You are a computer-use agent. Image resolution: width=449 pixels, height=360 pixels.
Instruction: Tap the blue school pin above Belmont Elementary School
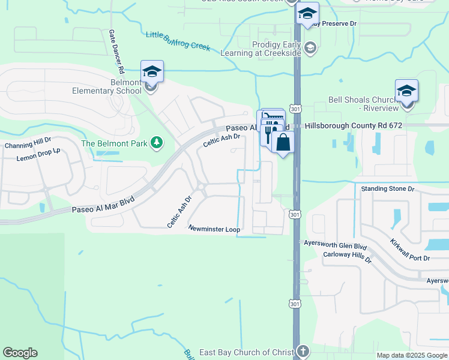click(x=152, y=72)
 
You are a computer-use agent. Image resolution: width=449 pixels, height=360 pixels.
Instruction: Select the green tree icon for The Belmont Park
click(x=157, y=142)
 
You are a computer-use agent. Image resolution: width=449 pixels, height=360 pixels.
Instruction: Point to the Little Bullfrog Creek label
click(x=178, y=40)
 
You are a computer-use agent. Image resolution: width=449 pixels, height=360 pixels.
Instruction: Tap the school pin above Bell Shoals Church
click(x=406, y=91)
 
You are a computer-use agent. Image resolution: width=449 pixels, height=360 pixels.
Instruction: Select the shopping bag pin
click(x=283, y=143)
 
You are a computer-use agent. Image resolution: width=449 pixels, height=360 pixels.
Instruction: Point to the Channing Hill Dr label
click(x=28, y=144)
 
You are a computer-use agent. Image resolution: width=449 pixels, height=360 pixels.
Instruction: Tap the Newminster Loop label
click(x=214, y=229)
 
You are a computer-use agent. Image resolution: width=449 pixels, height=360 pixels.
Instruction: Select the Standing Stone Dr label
click(x=388, y=188)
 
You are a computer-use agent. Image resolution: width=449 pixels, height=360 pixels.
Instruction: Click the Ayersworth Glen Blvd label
click(x=336, y=246)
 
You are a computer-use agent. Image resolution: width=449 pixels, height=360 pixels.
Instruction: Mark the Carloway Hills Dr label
click(x=348, y=255)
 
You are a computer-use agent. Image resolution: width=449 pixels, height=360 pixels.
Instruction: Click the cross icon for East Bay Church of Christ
click(x=303, y=351)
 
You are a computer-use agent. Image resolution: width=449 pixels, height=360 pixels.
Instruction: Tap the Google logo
click(x=19, y=353)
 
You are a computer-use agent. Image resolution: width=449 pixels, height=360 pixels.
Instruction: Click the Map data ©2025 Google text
click(x=411, y=355)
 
